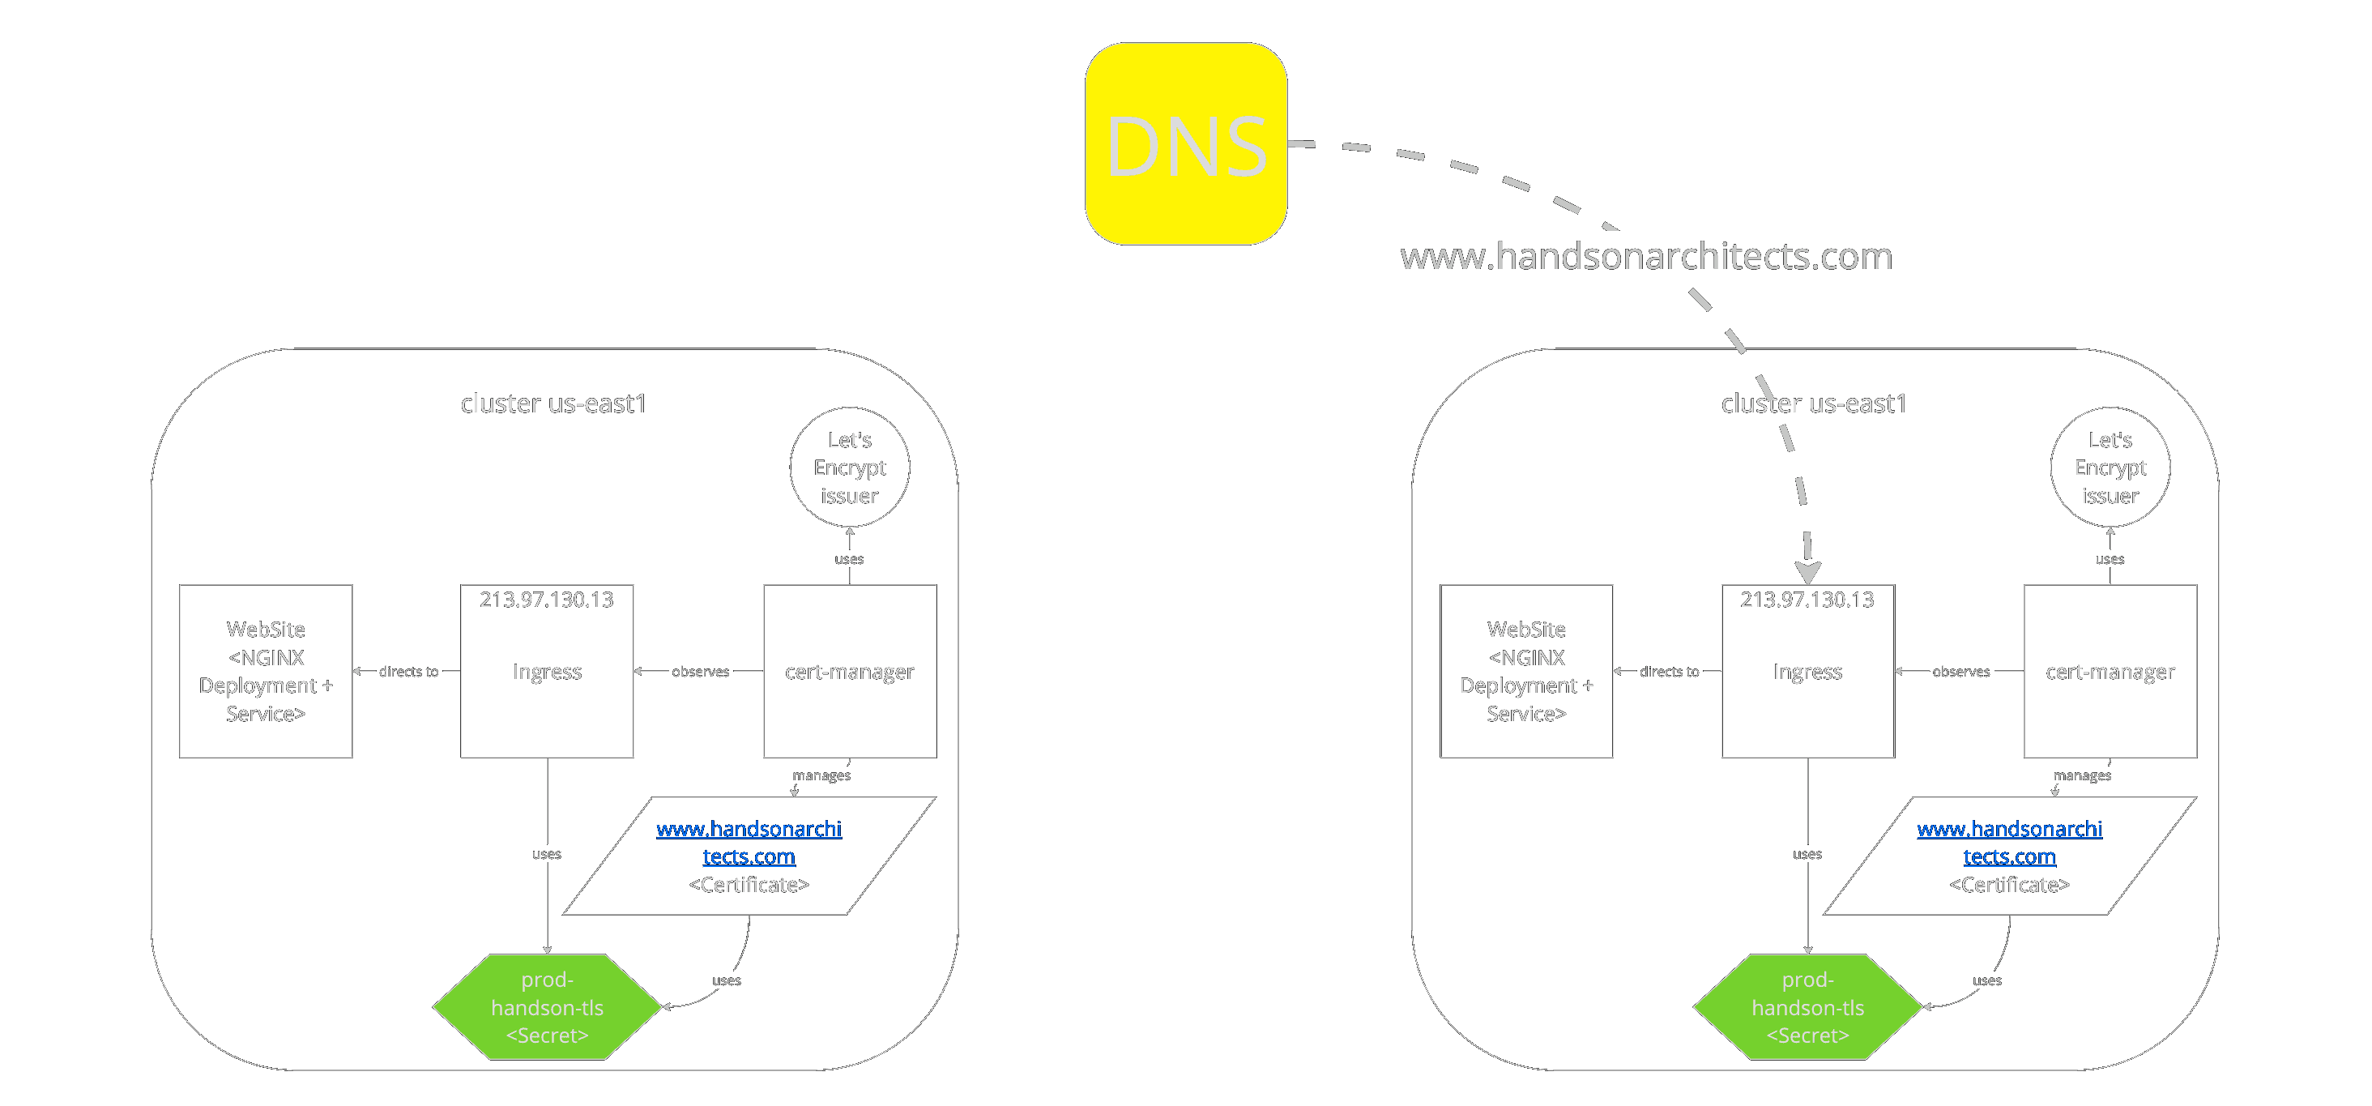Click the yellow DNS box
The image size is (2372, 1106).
coord(1186,143)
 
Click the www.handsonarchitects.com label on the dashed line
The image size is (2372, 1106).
coord(1646,256)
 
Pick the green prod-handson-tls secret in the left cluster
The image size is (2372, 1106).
coord(547,1006)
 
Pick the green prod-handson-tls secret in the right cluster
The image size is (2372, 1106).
coord(1807,1006)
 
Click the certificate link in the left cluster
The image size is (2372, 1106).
coord(749,842)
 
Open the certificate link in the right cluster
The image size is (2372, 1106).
coord(2009,842)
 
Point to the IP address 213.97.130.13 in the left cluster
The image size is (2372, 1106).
coord(546,600)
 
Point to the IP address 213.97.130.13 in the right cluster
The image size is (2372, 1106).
coord(1807,600)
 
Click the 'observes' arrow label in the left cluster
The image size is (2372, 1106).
coord(700,672)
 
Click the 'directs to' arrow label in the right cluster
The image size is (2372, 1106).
coord(1669,672)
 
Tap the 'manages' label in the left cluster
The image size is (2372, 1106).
coord(821,775)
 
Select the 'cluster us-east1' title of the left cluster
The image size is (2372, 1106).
coord(553,404)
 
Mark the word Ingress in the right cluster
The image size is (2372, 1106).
coord(1807,672)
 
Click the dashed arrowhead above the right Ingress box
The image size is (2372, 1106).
coord(1807,571)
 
